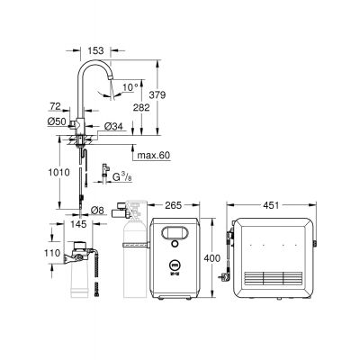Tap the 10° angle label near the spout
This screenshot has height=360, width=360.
coord(131,88)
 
